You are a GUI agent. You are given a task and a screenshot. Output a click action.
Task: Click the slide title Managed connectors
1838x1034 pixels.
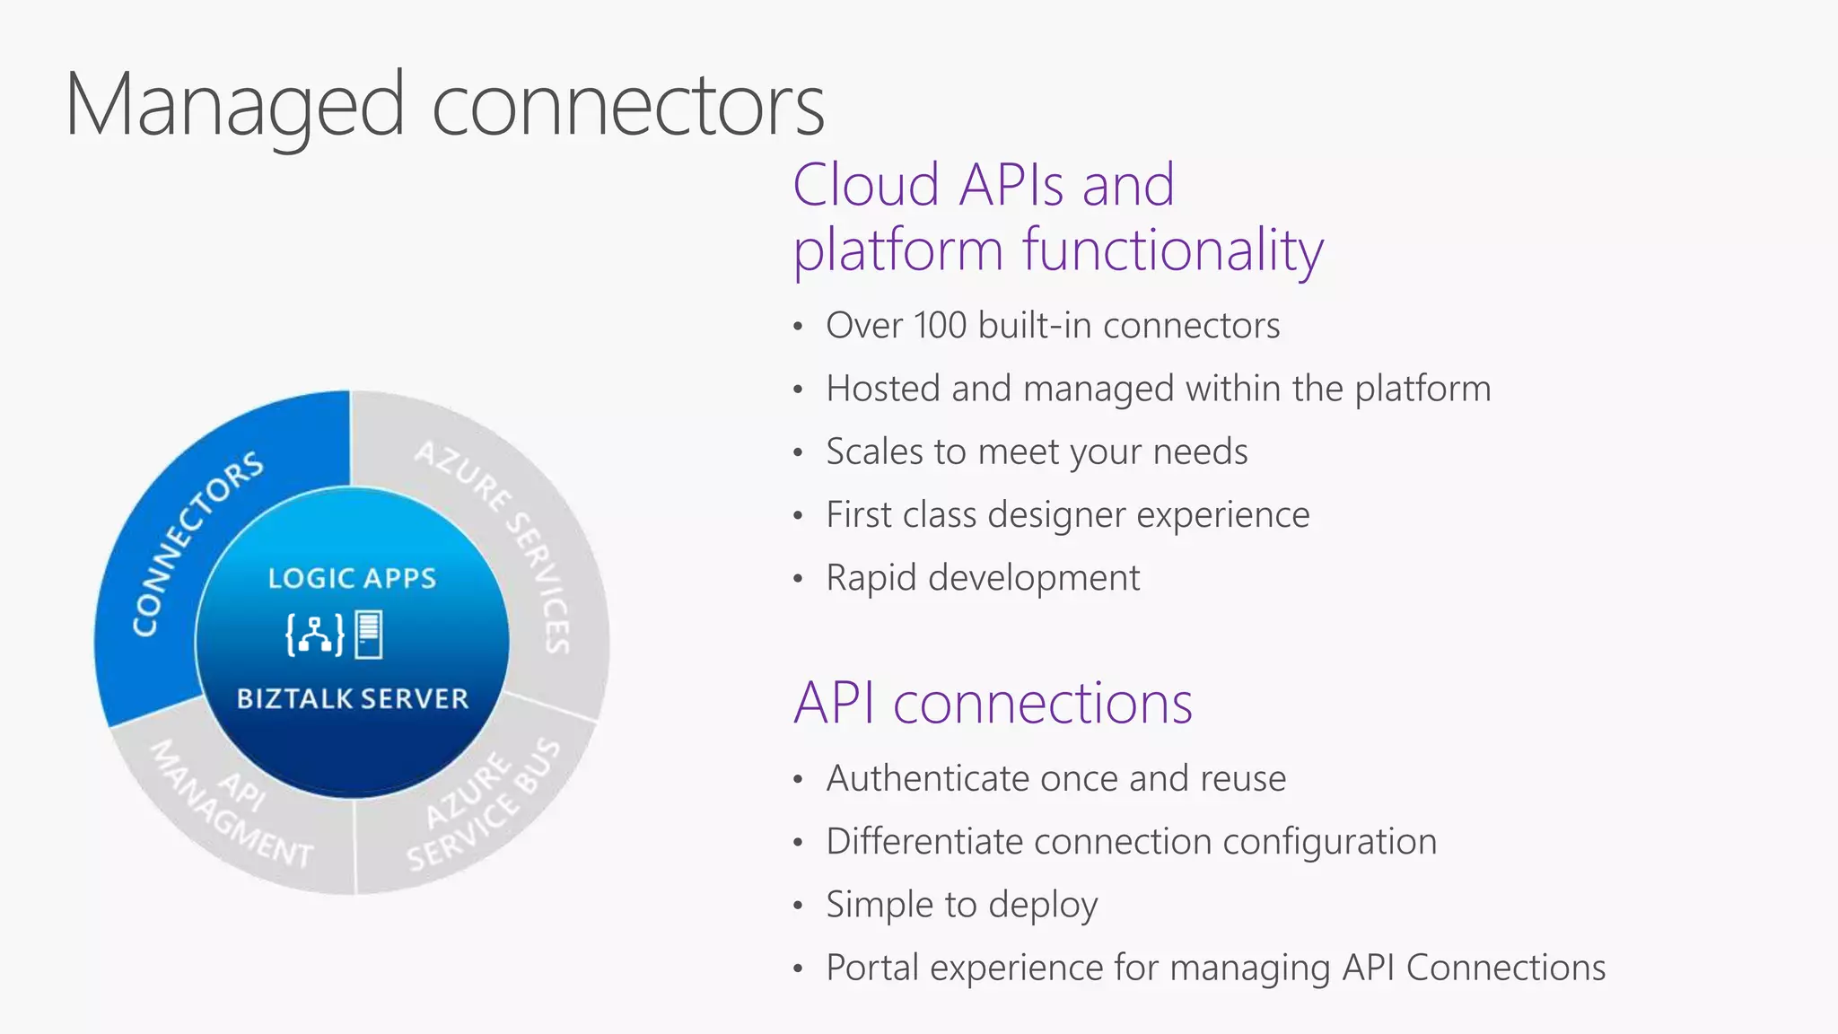coord(444,105)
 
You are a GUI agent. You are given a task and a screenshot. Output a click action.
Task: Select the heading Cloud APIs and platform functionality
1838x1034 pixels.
coord(1057,217)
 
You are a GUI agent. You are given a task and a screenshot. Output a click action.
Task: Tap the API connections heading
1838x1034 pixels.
coord(993,703)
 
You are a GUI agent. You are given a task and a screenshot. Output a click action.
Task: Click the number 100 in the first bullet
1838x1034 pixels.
coord(940,326)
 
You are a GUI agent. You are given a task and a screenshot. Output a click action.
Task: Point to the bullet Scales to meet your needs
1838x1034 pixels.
coord(1037,451)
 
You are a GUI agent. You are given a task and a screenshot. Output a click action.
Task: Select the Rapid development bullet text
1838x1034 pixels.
coord(983,578)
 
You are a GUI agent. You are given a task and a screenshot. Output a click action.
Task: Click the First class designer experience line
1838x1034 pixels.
coord(1067,515)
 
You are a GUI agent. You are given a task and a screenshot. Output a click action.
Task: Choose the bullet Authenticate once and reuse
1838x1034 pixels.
coord(1055,778)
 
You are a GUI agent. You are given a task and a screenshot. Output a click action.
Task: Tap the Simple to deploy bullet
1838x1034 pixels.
coord(961,905)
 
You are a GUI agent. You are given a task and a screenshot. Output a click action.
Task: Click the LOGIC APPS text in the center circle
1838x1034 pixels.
coord(352,579)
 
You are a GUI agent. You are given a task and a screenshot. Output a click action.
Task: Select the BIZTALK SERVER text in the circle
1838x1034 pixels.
coord(352,699)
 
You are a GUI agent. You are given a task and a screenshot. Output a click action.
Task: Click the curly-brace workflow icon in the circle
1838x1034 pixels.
coord(314,635)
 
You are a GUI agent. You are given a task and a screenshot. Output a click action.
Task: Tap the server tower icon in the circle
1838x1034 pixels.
coord(369,635)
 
